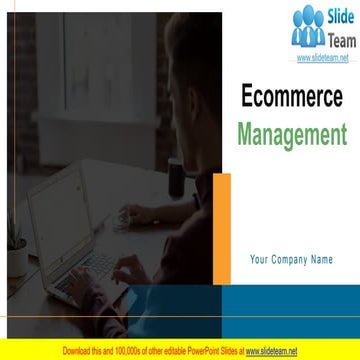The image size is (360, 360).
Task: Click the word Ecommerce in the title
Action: [x=292, y=96]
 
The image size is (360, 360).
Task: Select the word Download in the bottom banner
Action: [x=78, y=351]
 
